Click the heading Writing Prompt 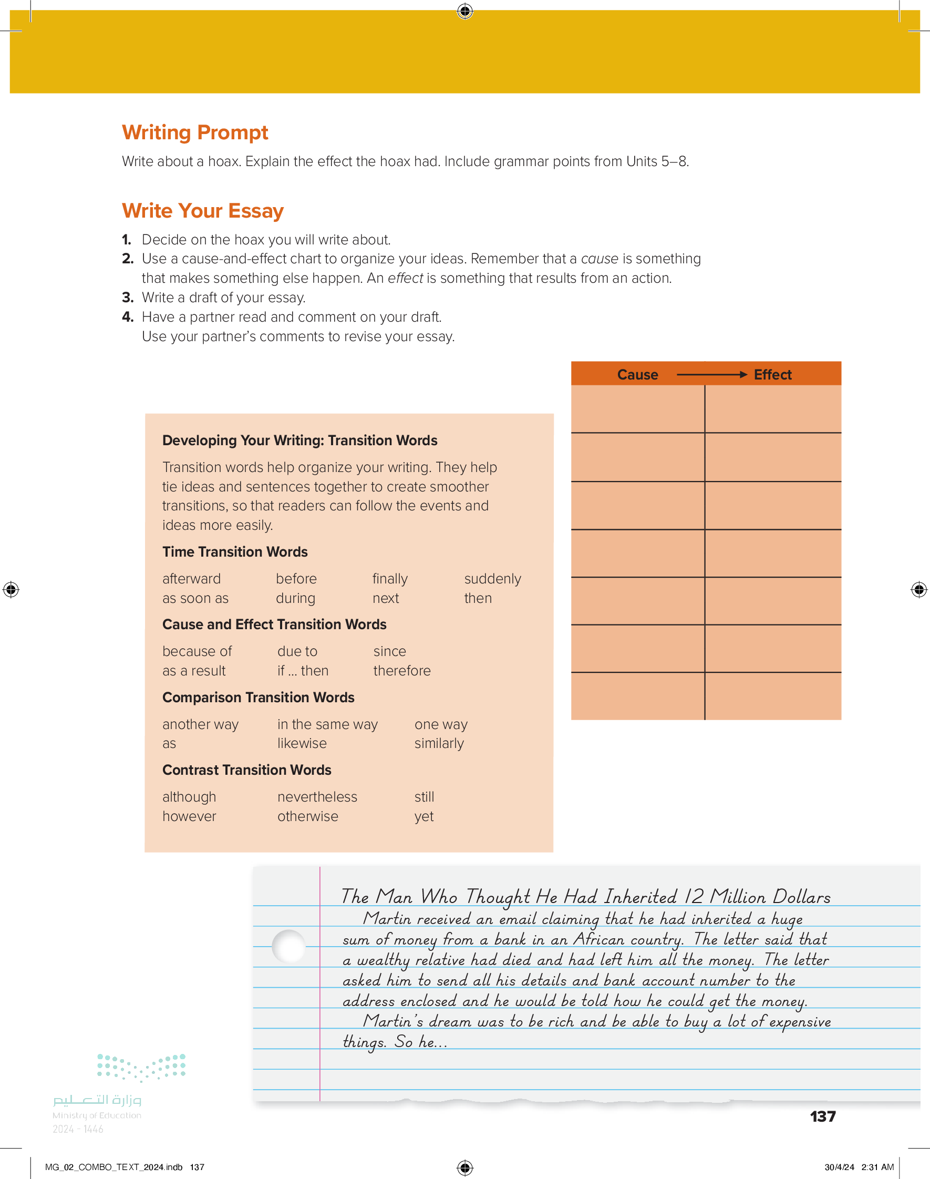tap(195, 132)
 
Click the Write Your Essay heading tap(203, 211)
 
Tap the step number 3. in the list tap(127, 298)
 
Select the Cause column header tap(637, 375)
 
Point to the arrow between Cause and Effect tap(711, 375)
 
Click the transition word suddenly tap(492, 578)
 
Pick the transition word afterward tap(191, 578)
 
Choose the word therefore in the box tap(402, 670)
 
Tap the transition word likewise tap(302, 743)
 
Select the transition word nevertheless tap(317, 797)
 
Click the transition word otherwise tap(308, 816)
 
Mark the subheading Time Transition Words tap(235, 551)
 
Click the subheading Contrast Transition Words tap(246, 770)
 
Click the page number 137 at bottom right tap(822, 1116)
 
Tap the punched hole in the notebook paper tap(288, 946)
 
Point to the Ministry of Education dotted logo tap(141, 1067)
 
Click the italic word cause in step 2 tap(599, 259)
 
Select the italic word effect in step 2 tap(405, 278)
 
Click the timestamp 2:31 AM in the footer tap(877, 1167)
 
